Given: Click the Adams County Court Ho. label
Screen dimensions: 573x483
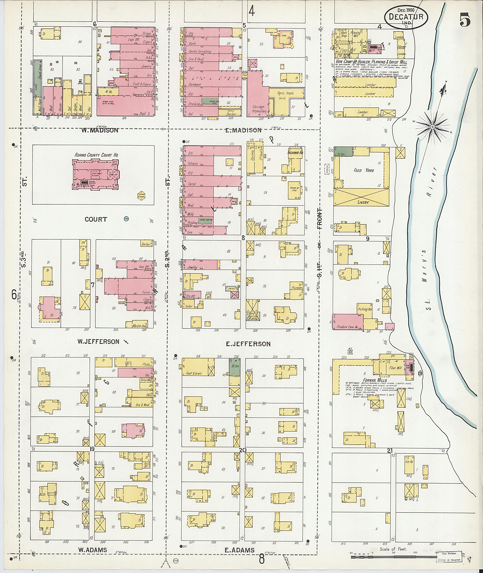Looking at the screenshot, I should [x=96, y=155].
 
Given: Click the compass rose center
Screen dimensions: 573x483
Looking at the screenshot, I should [x=432, y=127].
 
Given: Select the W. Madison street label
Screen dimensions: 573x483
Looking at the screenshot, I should [x=100, y=130].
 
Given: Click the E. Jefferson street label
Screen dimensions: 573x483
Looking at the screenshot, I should [x=248, y=344].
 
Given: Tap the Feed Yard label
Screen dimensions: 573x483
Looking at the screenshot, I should [x=363, y=170].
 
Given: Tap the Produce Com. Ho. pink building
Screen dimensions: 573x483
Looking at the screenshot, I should [x=347, y=322].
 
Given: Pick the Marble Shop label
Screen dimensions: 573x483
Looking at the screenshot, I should [x=140, y=326].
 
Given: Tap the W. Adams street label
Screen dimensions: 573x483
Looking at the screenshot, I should [x=92, y=550].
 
